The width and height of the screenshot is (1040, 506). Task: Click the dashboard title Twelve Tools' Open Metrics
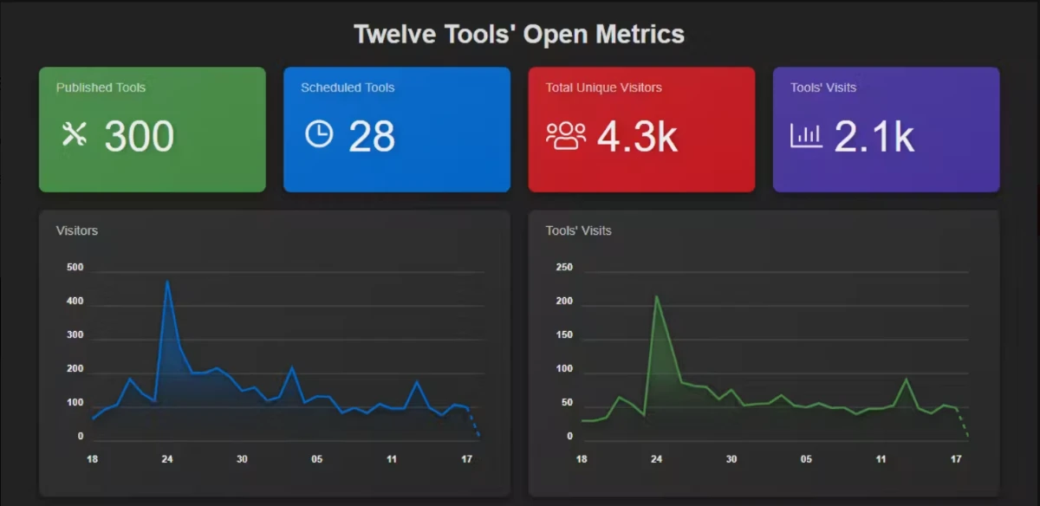click(519, 35)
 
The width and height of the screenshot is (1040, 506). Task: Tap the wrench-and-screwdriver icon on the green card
click(75, 134)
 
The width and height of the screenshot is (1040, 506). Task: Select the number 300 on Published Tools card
click(140, 136)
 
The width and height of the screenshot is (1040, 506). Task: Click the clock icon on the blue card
click(319, 134)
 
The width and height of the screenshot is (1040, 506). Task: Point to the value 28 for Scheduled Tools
click(372, 136)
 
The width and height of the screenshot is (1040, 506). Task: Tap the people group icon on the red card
click(566, 136)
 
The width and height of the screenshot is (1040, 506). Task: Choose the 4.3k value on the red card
click(638, 137)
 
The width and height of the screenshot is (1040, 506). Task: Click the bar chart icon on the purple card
click(806, 135)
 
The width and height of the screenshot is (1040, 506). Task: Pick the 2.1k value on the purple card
click(874, 137)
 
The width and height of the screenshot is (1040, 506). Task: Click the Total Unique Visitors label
click(603, 88)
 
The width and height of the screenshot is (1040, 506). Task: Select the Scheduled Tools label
click(348, 88)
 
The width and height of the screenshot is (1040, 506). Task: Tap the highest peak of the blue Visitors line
click(167, 281)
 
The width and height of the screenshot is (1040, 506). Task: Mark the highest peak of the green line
click(656, 295)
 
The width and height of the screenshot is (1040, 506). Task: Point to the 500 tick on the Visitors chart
click(75, 267)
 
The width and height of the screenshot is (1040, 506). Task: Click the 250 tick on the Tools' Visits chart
click(564, 267)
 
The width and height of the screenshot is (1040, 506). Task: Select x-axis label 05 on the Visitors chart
click(316, 459)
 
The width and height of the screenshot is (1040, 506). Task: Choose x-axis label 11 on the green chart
click(881, 459)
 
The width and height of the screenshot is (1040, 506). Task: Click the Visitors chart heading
click(77, 230)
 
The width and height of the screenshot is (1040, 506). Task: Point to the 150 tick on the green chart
click(564, 334)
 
